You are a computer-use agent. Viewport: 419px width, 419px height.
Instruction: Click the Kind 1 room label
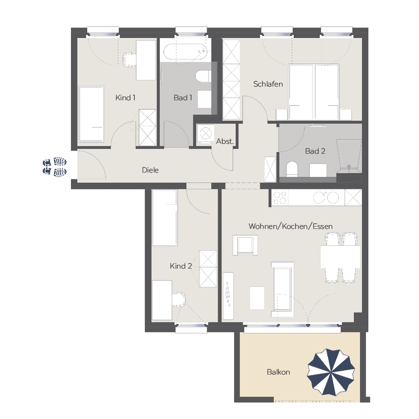pos(125,98)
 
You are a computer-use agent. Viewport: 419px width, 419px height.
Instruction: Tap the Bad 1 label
pos(183,98)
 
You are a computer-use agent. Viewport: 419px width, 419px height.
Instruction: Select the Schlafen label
pos(268,84)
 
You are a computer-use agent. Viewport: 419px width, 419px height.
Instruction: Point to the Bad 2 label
pos(315,151)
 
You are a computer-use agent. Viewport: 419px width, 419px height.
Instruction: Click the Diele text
pos(150,170)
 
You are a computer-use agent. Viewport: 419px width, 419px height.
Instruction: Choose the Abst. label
pos(225,141)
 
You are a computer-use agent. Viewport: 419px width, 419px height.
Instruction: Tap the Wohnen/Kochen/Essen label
pos(290,227)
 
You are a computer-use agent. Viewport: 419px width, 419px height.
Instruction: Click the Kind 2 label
pos(181,266)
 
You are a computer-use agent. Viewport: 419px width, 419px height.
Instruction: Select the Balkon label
pos(278,372)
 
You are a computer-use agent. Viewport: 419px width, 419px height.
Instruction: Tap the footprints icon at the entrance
pos(54,167)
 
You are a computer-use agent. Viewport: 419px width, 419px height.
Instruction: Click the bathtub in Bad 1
pos(185,51)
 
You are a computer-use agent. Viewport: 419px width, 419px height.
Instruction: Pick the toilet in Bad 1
pos(203,76)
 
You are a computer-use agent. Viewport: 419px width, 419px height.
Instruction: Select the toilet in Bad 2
pos(292,169)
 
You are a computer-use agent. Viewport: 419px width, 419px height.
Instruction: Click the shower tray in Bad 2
pos(349,155)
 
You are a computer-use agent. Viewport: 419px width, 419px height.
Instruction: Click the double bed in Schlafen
pos(314,92)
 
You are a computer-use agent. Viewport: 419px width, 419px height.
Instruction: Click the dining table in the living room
pos(340,257)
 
